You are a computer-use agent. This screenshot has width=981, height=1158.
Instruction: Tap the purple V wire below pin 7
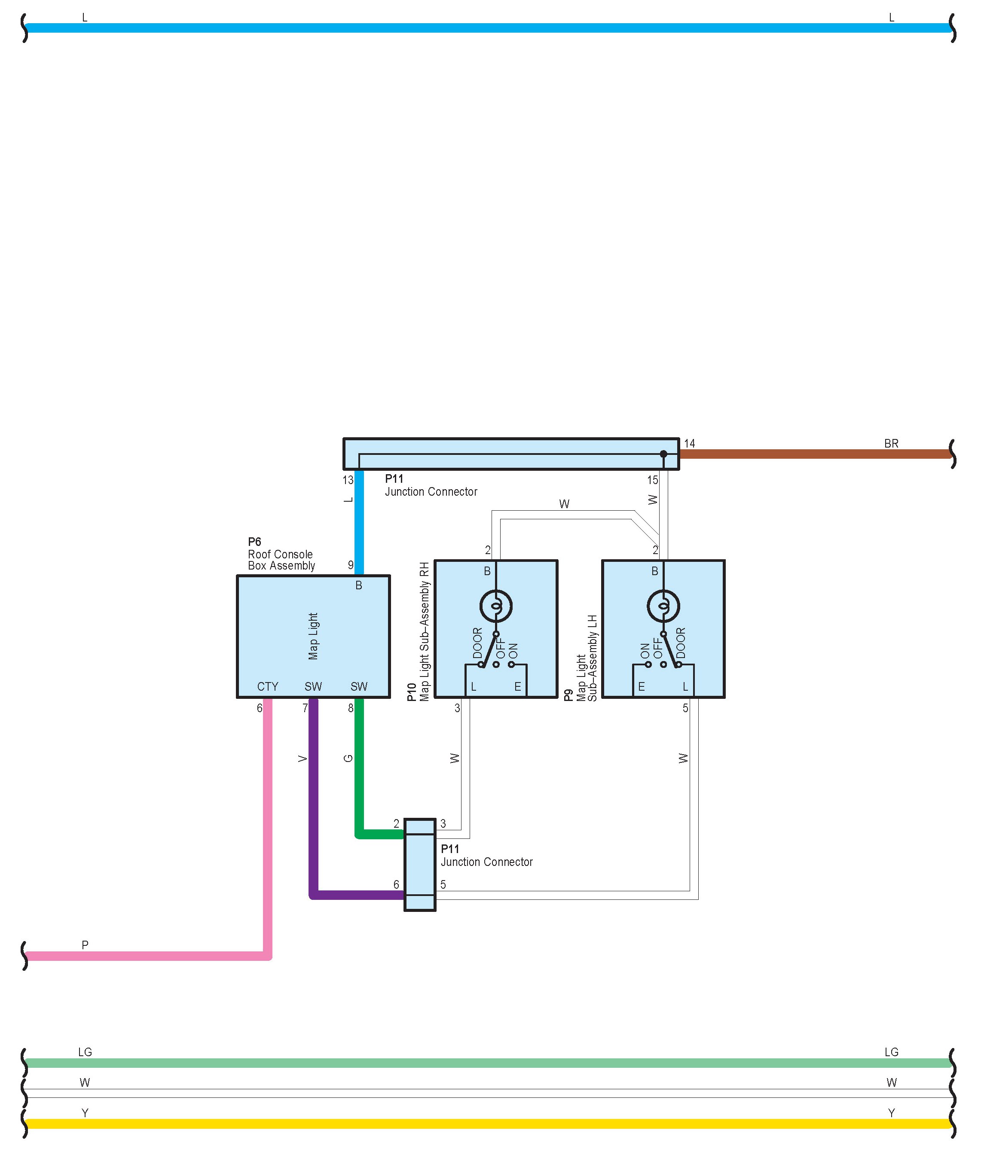click(x=313, y=789)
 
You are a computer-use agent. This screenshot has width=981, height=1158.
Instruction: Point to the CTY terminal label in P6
click(x=268, y=686)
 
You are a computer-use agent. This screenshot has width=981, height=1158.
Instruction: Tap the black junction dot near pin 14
click(x=663, y=454)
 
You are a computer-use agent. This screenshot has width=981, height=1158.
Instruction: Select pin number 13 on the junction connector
click(x=348, y=480)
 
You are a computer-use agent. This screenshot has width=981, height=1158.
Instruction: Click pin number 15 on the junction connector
click(x=652, y=480)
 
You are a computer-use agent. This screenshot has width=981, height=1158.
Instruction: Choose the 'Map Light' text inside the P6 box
click(x=313, y=636)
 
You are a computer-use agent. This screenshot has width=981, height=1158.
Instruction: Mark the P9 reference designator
click(x=568, y=695)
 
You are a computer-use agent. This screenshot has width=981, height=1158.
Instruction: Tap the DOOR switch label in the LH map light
click(x=681, y=643)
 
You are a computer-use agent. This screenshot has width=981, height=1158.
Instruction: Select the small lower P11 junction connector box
click(x=420, y=865)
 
